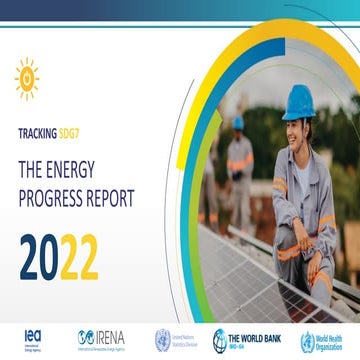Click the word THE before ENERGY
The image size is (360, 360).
(x=36, y=161)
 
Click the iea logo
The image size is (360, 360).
(x=32, y=336)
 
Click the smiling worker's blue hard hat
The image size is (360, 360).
(x=269, y=100)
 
